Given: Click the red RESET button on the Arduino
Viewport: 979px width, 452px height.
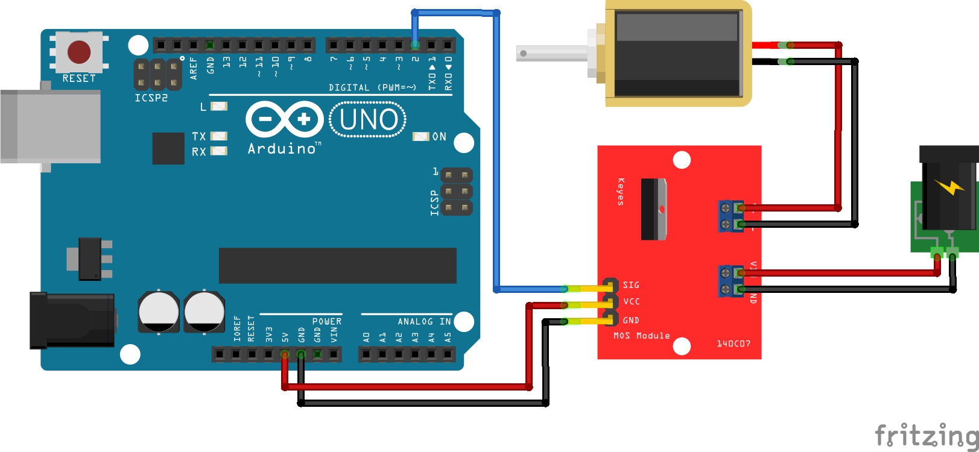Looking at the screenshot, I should pos(79,52).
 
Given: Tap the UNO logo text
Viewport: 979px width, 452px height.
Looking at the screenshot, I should pos(369,119).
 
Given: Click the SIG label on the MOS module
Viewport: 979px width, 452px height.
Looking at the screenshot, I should pos(631,285).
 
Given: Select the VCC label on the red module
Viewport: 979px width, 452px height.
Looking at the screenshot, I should pos(632,302).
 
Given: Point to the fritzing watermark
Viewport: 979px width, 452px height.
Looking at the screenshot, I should pos(926,435).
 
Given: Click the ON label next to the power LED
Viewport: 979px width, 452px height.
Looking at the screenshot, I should pos(439,137).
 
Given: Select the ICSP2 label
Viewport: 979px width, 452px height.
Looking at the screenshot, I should pos(151,98).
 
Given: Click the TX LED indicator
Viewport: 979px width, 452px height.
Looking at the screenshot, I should pos(218,136).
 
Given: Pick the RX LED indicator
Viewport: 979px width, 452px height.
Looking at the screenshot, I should pos(218,151).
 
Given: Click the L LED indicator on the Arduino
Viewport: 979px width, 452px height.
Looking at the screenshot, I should pos(218,107).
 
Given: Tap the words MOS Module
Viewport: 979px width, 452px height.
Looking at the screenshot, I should pos(641,336).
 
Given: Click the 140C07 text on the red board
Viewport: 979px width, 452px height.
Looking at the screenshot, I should pos(733,344).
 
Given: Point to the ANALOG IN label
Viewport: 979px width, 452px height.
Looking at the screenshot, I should pos(424,322).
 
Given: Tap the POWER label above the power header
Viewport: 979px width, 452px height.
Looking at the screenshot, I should pos(326,322).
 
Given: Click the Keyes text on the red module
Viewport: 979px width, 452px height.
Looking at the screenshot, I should pos(621,192).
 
